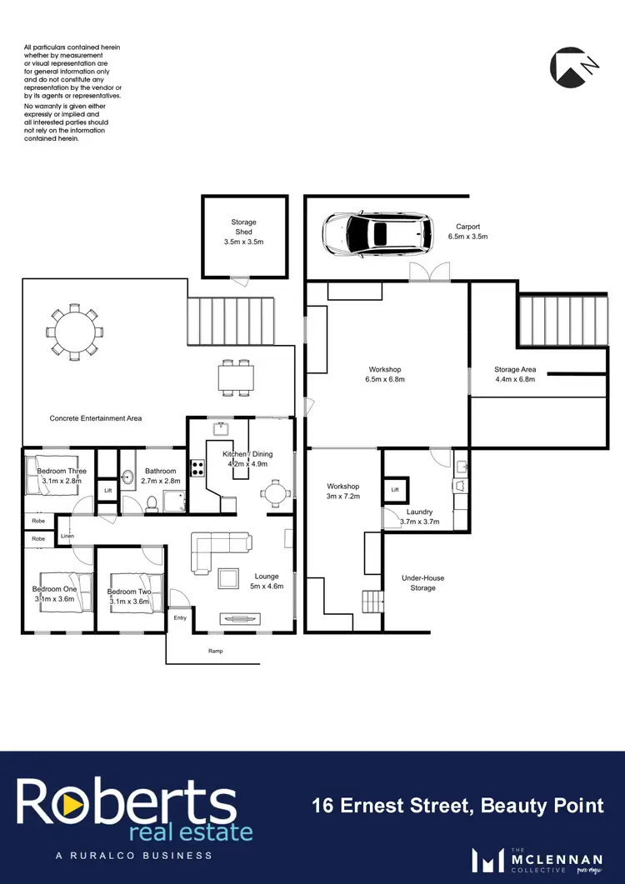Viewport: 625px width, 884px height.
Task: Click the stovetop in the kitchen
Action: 198,468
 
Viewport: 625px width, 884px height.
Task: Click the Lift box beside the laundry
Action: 394,489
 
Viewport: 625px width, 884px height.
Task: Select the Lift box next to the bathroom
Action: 107,490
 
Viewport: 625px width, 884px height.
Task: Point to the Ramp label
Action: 215,651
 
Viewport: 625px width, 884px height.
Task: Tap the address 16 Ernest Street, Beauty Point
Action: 457,805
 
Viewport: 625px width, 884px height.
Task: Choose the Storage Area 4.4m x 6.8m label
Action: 514,374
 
